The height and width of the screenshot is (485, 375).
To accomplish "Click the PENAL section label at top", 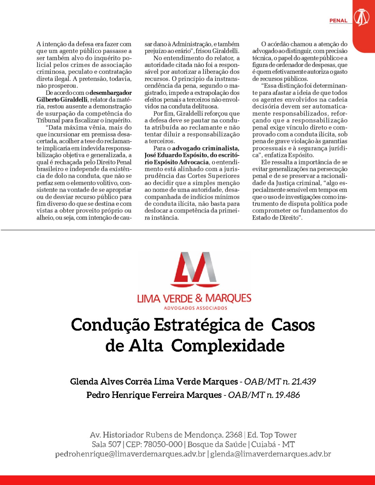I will (x=338, y=21).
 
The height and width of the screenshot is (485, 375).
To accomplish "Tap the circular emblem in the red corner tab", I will (x=361, y=17).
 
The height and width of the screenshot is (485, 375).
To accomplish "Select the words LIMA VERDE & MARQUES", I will (x=194, y=298).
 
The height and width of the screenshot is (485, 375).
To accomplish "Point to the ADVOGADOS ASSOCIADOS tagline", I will (x=195, y=308).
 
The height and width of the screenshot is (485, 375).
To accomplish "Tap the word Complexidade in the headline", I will (x=228, y=346).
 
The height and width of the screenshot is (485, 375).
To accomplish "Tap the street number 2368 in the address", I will (x=234, y=435).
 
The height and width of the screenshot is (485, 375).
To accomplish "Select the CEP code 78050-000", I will (x=163, y=444).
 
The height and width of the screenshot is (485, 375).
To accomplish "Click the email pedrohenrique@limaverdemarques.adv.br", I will (x=130, y=454).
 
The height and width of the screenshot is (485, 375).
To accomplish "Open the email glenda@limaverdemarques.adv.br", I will (x=270, y=454).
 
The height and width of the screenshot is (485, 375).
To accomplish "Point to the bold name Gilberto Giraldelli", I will (x=62, y=100).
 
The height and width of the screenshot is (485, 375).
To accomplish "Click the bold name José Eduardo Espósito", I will (x=176, y=155).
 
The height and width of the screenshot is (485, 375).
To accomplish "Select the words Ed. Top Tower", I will (x=272, y=435).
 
